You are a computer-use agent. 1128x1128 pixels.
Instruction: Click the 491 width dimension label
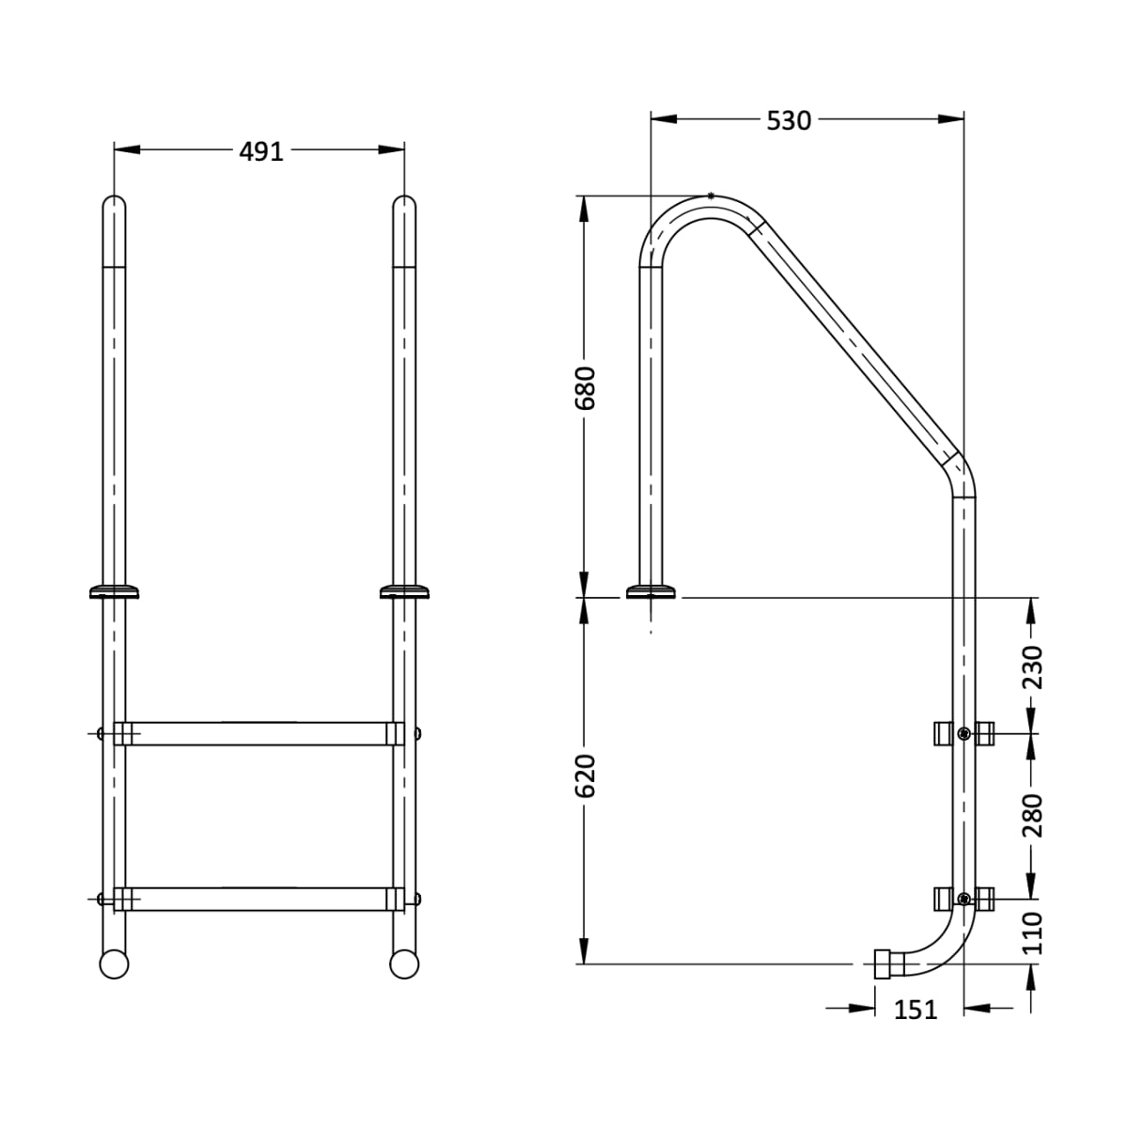tap(260, 150)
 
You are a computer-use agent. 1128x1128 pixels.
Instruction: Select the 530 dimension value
tap(788, 120)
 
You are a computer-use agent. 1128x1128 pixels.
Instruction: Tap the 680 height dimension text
tap(586, 387)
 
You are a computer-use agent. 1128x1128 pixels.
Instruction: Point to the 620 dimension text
tap(586, 775)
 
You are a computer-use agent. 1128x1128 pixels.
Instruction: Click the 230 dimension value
tap(1032, 666)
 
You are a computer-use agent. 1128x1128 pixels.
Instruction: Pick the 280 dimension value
tap(1032, 815)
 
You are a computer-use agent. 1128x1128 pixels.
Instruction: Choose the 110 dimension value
tap(1032, 932)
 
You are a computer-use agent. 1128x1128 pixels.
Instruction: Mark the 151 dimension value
tap(915, 1010)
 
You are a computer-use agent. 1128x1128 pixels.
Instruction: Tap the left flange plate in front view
tap(114, 591)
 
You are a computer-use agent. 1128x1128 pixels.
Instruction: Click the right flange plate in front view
tap(404, 591)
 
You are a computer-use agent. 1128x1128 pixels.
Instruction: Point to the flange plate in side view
tap(650, 591)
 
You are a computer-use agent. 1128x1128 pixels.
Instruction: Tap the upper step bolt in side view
tap(963, 733)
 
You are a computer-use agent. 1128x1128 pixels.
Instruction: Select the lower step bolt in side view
tap(963, 899)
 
